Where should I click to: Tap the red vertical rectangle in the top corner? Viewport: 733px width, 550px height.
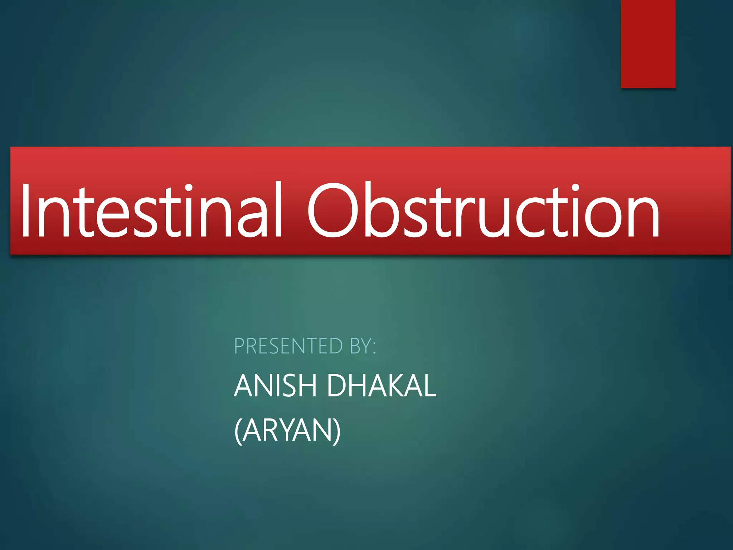[648, 44]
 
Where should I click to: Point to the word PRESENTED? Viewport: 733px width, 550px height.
[288, 346]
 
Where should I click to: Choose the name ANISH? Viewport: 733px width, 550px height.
[276, 386]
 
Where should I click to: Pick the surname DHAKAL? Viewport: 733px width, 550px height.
[382, 386]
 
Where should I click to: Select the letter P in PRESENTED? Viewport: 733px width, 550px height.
[240, 346]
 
